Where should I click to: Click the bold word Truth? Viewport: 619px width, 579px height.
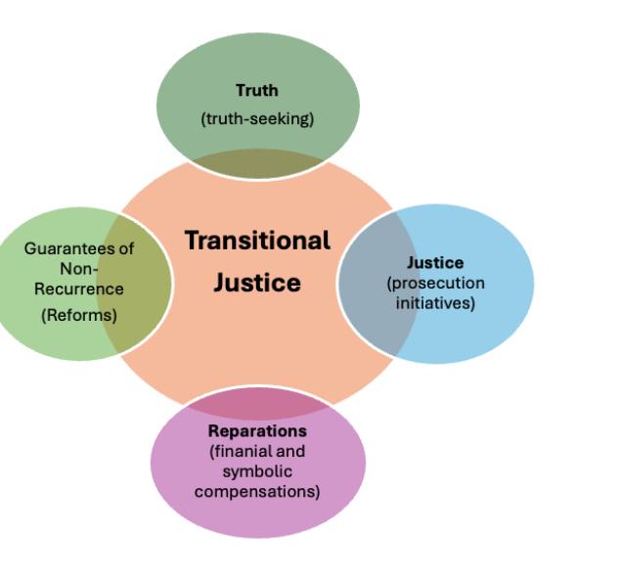[x=257, y=91]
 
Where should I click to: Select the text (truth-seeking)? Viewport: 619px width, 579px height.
[x=257, y=119]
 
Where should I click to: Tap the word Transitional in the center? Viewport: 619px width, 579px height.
[x=257, y=241]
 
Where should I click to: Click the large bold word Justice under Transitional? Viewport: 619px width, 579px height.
[x=257, y=283]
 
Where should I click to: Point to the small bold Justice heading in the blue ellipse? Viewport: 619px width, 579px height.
[x=435, y=262]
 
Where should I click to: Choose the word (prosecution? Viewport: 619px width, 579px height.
[x=435, y=283]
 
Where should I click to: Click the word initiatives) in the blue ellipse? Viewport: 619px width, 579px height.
[x=435, y=303]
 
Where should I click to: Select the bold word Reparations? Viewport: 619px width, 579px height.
[x=257, y=431]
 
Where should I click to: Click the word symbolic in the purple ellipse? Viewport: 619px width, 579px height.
[x=257, y=471]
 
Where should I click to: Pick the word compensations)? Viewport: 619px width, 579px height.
[x=257, y=491]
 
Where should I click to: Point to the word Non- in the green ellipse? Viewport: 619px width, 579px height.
[x=79, y=268]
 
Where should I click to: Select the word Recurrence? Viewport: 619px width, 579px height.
[x=79, y=289]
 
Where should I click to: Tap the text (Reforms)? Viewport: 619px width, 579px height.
[x=79, y=315]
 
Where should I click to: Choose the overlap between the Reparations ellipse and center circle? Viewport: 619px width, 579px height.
[x=257, y=404]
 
